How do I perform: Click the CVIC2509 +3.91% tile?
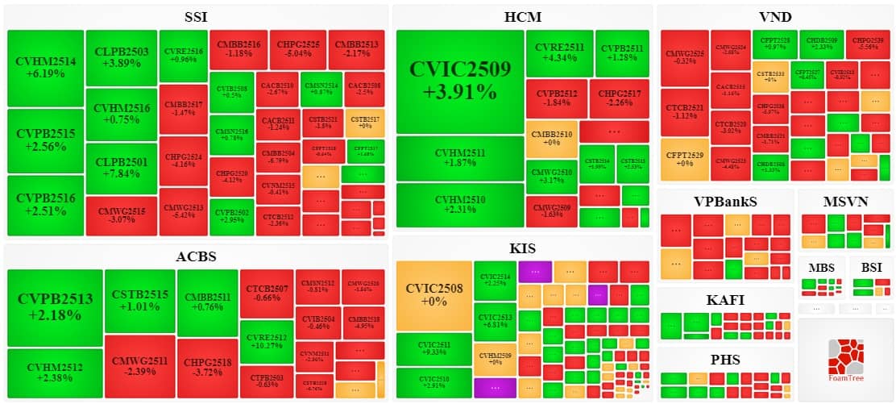pyautogui.click(x=459, y=81)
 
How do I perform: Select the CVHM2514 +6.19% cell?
pyautogui.click(x=45, y=67)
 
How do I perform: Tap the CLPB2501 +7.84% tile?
pyautogui.click(x=121, y=168)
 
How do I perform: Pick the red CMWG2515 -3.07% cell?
pyautogui.click(x=121, y=215)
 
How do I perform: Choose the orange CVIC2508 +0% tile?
pyautogui.click(x=433, y=295)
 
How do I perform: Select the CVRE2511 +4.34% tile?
pyautogui.click(x=560, y=52)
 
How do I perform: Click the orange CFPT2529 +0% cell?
pyautogui.click(x=684, y=159)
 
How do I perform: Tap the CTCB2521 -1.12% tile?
pyautogui.click(x=684, y=110)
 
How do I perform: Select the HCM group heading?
pyautogui.click(x=522, y=17)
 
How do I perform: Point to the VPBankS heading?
pyautogui.click(x=725, y=201)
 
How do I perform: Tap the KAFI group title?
pyautogui.click(x=725, y=300)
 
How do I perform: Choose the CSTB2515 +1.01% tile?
pyautogui.click(x=140, y=300)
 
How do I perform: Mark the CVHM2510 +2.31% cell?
pyautogui.click(x=459, y=205)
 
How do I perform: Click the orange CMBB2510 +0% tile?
pyautogui.click(x=551, y=138)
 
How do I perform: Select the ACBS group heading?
pyautogui.click(x=196, y=257)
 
